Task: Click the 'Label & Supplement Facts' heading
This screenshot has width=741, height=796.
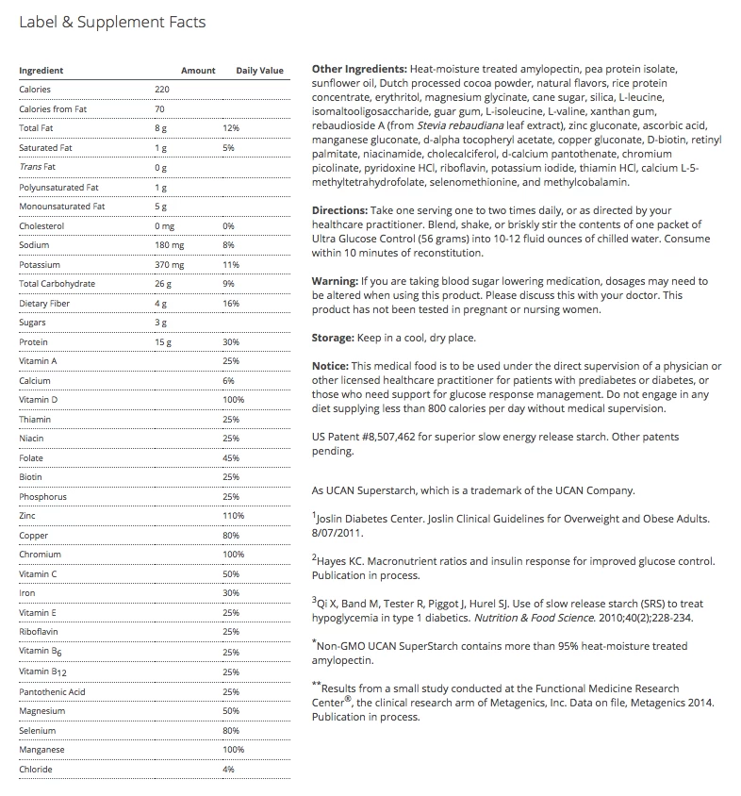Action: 112,22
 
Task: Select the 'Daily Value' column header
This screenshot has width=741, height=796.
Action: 259,71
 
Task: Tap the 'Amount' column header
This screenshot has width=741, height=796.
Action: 198,71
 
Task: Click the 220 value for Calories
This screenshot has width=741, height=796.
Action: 162,90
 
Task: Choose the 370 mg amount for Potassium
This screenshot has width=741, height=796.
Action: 169,265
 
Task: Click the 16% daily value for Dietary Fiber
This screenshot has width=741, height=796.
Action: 230,304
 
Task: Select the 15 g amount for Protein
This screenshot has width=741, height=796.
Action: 162,342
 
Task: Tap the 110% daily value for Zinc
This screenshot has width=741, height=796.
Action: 233,516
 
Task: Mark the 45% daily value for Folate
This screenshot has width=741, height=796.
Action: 230,458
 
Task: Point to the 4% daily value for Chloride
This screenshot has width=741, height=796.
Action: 228,770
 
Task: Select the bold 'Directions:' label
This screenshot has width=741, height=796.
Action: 339,210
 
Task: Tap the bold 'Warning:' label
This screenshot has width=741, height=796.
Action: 335,281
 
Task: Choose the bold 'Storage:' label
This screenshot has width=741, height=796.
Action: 335,338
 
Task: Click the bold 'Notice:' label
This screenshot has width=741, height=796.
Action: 331,366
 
